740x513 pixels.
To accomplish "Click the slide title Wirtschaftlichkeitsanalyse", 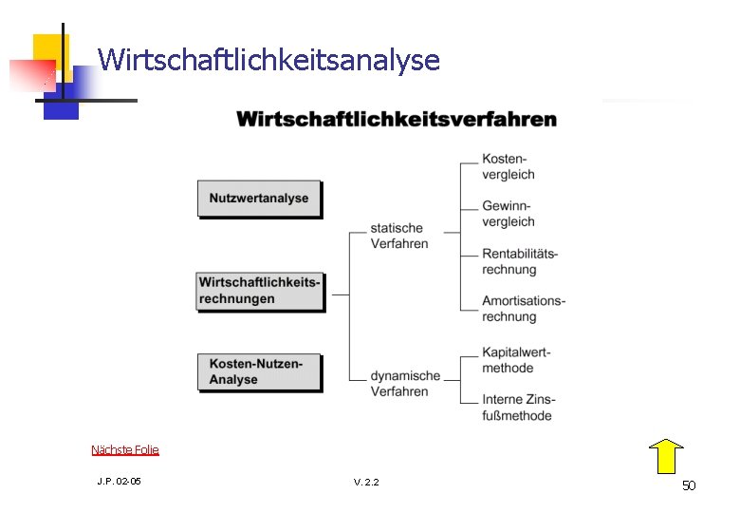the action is (x=268, y=61).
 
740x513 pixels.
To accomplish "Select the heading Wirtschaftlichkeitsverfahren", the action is (x=397, y=120).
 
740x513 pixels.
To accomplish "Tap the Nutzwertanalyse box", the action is (x=259, y=199).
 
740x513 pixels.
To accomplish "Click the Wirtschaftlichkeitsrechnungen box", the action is (x=259, y=291).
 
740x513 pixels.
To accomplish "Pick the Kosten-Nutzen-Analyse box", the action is (x=258, y=371).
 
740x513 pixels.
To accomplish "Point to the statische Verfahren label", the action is (x=398, y=236).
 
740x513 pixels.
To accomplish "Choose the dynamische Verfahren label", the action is (x=405, y=383).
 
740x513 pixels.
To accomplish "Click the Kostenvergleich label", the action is (x=508, y=166).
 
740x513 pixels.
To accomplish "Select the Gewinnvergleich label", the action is (x=508, y=214).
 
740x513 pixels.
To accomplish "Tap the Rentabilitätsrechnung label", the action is (x=519, y=261).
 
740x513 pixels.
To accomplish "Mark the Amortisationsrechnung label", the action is (x=523, y=309).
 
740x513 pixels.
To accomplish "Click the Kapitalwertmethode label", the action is (x=515, y=360).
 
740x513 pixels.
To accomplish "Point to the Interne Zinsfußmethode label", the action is (x=518, y=408).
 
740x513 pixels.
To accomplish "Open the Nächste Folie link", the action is (x=125, y=449).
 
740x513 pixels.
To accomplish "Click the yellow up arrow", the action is (x=667, y=456).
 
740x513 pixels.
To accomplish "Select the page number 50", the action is (x=689, y=485).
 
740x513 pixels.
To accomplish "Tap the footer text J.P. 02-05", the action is (x=119, y=482).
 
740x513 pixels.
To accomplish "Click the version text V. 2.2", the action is (x=366, y=483).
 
